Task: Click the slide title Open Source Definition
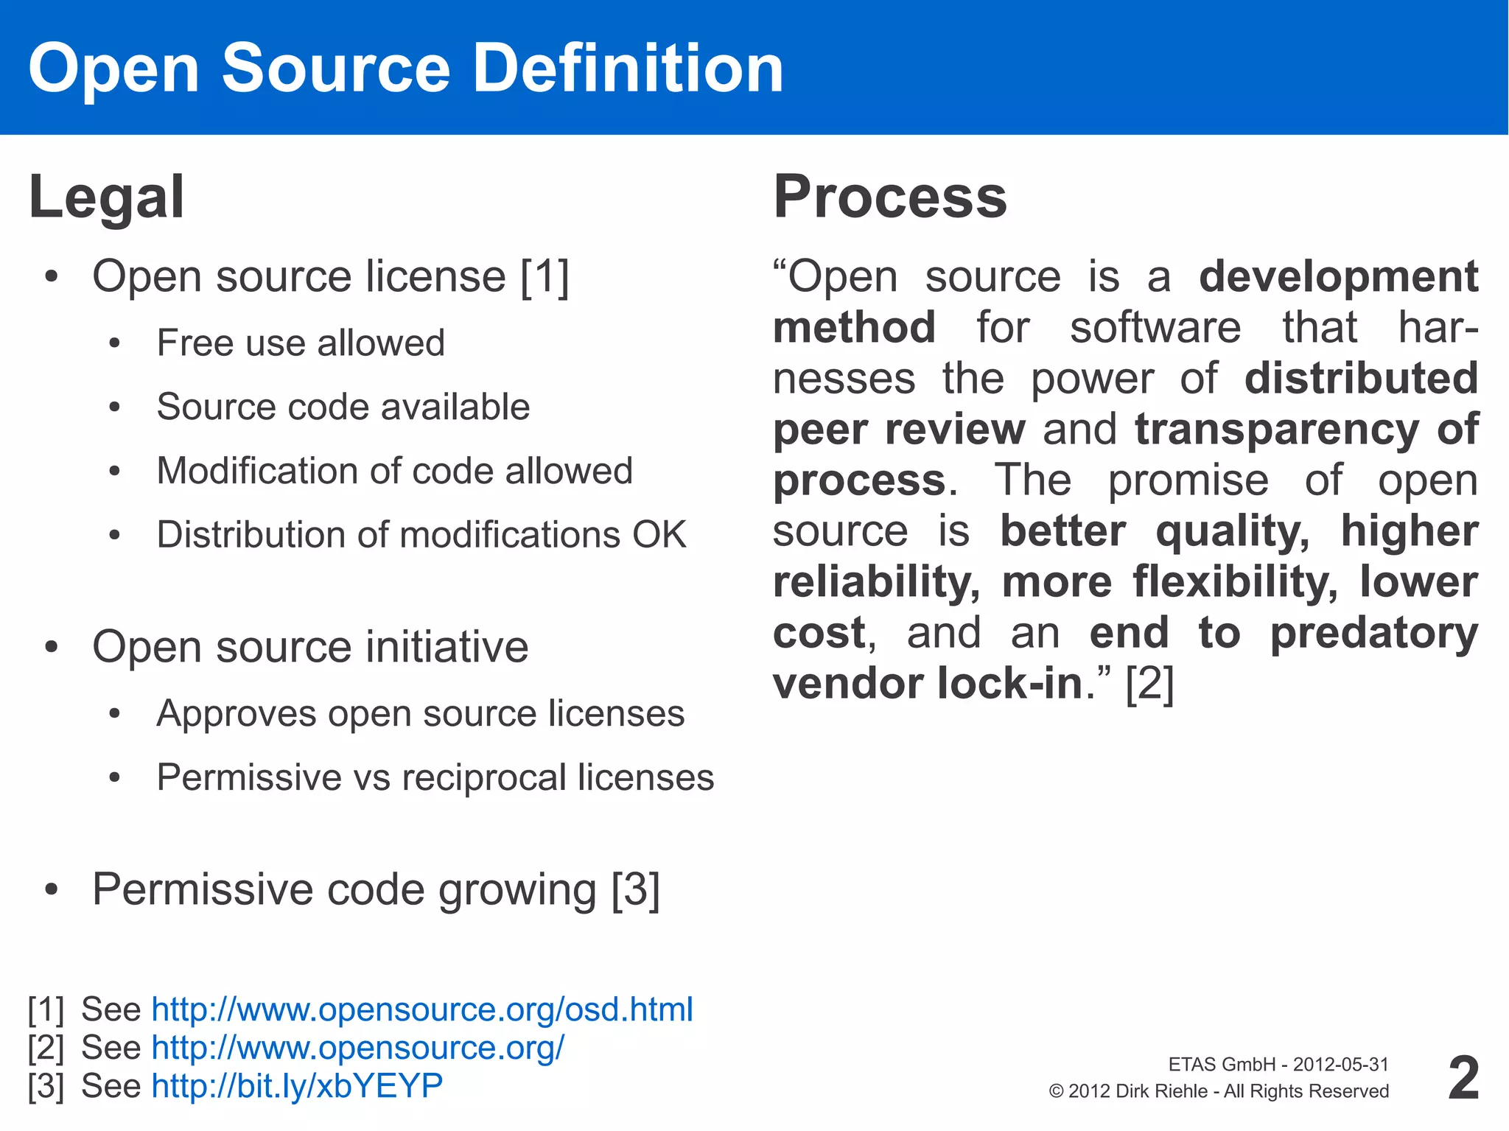click(x=406, y=68)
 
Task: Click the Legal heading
click(x=107, y=197)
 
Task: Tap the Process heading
click(x=890, y=197)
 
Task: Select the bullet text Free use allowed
click(x=301, y=343)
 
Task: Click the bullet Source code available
click(x=343, y=407)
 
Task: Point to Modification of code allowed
click(x=395, y=471)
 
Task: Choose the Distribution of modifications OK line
click(x=421, y=535)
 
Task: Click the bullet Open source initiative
click(x=310, y=648)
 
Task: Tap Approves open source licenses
click(x=421, y=714)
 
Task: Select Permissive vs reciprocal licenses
click(x=435, y=778)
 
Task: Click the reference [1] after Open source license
click(x=545, y=278)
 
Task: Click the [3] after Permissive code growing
click(x=636, y=890)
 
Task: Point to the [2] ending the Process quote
click(x=1150, y=684)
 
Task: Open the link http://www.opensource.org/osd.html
click(x=422, y=1009)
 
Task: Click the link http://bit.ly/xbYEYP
click(x=297, y=1086)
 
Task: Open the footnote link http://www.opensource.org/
click(x=358, y=1048)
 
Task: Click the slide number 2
click(x=1463, y=1078)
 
